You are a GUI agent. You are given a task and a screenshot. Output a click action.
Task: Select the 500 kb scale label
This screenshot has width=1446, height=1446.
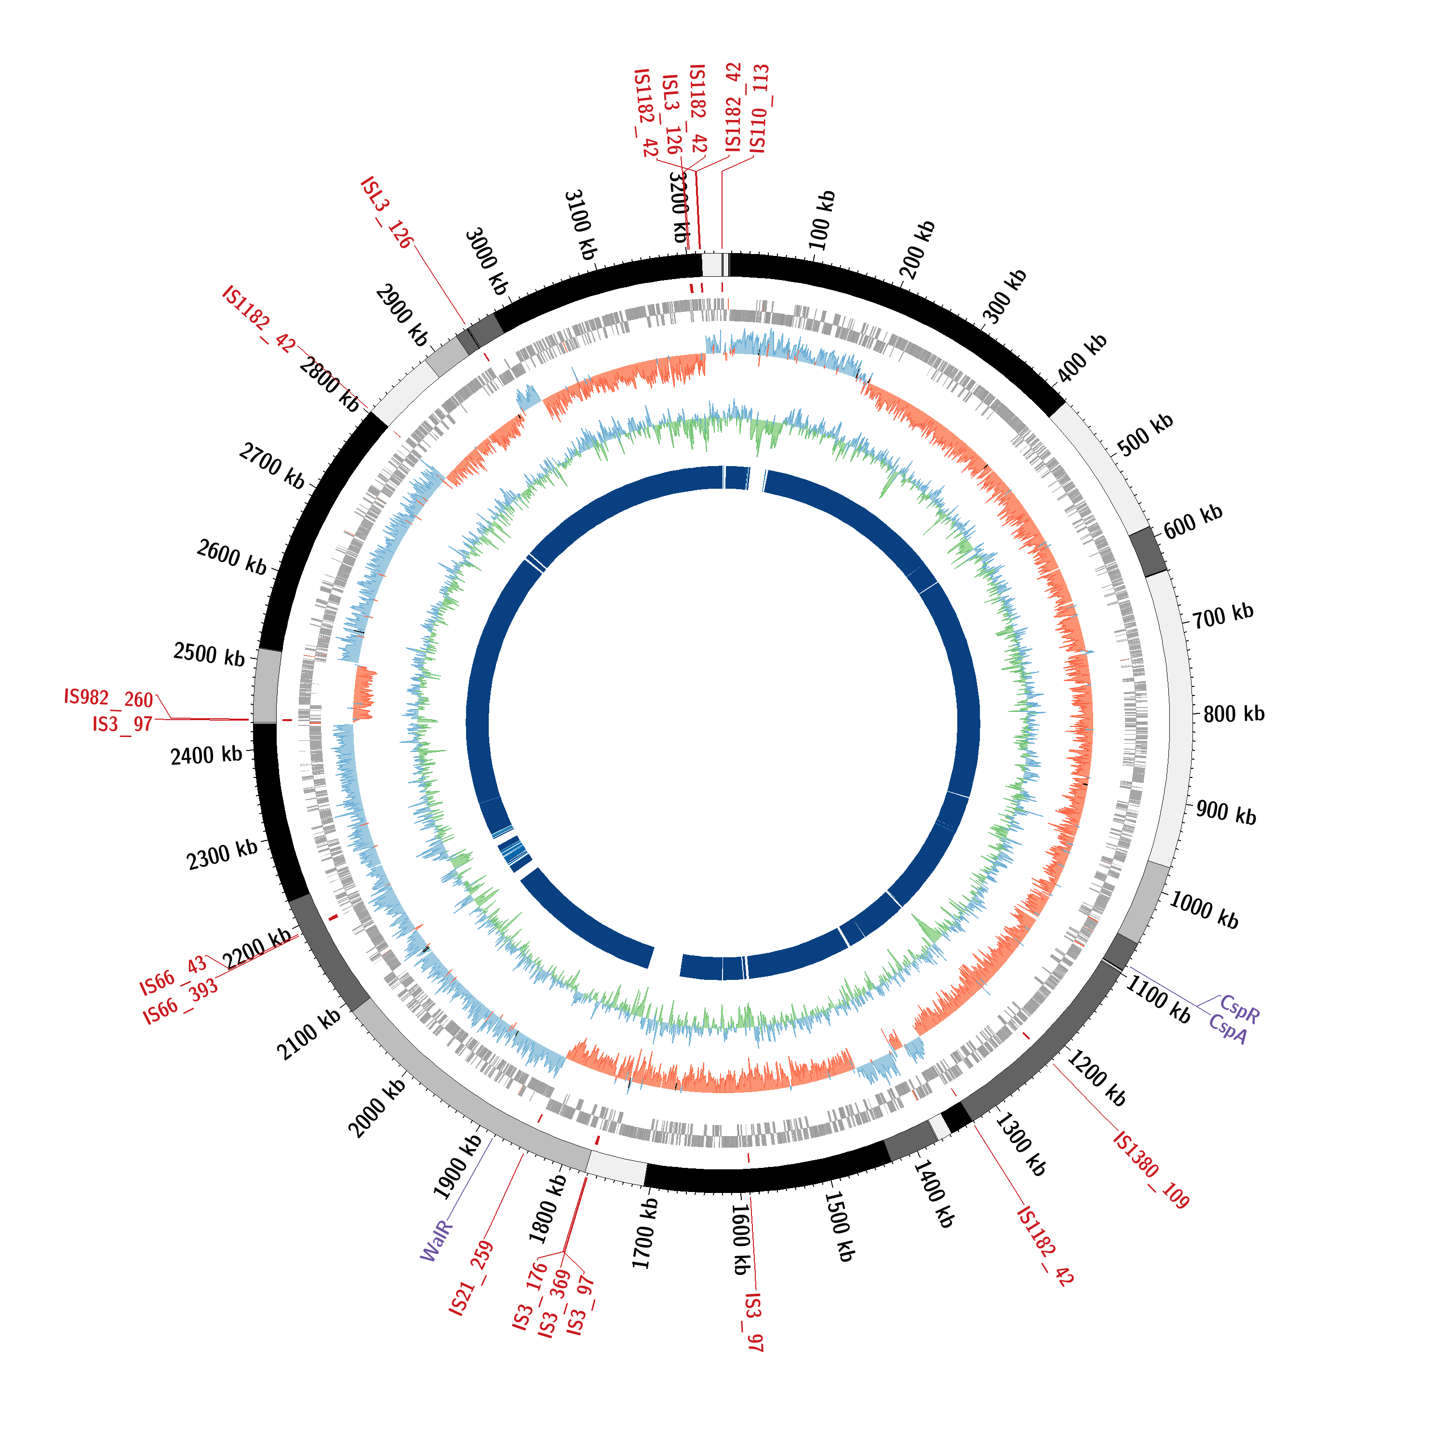[x=1145, y=434]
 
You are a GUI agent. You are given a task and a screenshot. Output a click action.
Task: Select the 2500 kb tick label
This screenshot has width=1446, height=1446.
[x=209, y=654]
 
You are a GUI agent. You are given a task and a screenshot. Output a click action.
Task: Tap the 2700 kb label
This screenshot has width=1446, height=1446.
[x=272, y=466]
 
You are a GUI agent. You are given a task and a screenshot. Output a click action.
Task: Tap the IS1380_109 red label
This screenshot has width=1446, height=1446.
[x=1151, y=1170]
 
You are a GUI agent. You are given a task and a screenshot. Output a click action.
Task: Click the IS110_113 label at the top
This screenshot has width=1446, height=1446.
[x=759, y=108]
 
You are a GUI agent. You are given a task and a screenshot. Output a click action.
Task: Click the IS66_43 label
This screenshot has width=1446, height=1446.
[x=173, y=976]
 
